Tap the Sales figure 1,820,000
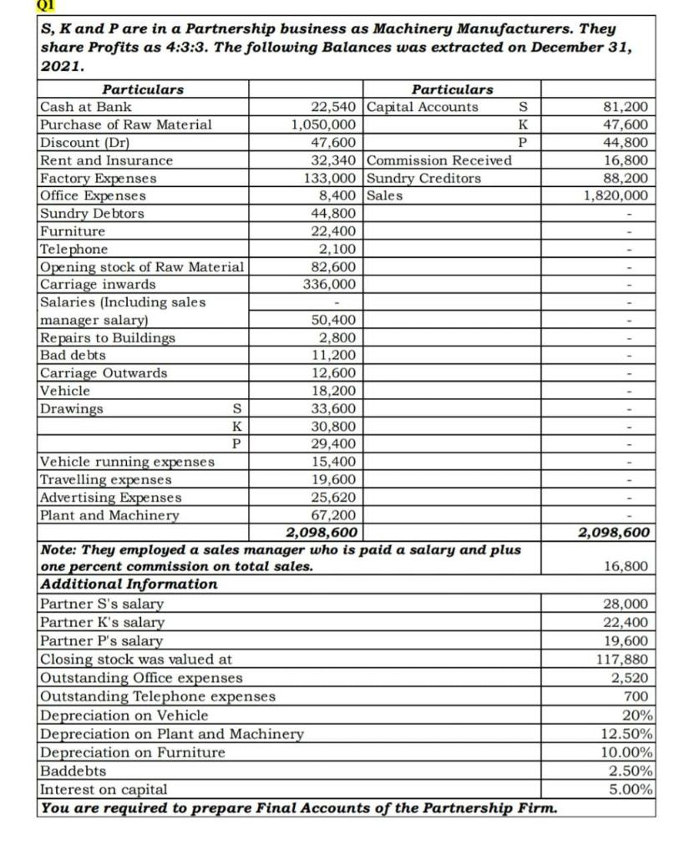[616, 195]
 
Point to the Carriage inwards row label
[98, 285]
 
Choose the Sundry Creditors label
[423, 178]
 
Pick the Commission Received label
[439, 160]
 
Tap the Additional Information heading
[129, 584]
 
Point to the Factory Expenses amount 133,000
[333, 178]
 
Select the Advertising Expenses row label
[111, 498]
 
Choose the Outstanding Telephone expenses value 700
[637, 696]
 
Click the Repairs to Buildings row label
[108, 338]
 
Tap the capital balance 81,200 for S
[626, 107]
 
